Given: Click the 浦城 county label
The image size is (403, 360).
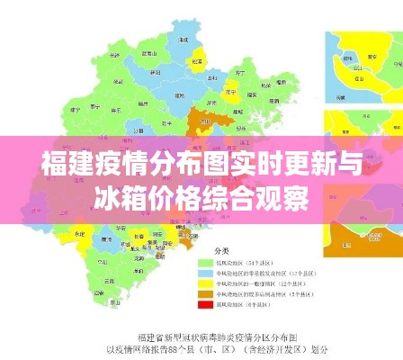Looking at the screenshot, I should pyautogui.click(x=184, y=39).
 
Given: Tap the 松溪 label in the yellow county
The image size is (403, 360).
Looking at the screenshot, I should pyautogui.click(x=197, y=61).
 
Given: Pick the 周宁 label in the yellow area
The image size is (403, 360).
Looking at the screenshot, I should pyautogui.click(x=230, y=92).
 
